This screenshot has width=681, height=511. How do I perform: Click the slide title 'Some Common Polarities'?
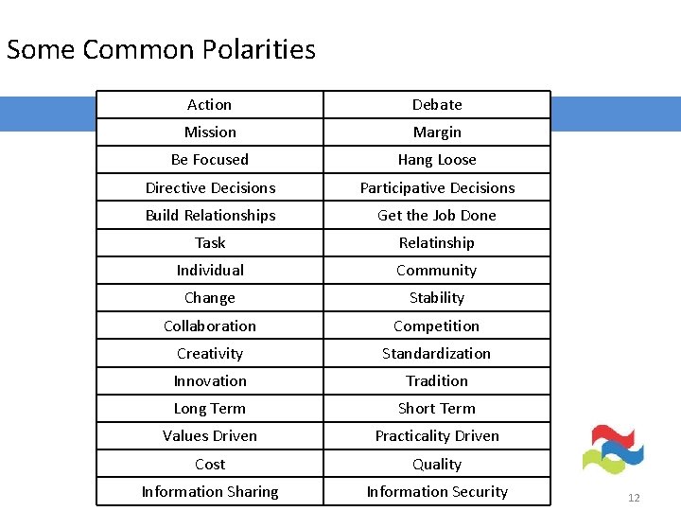tap(161, 49)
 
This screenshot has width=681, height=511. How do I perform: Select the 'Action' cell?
tap(209, 105)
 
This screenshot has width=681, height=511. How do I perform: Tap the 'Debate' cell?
tap(437, 105)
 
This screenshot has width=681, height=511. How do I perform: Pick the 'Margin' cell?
tap(437, 132)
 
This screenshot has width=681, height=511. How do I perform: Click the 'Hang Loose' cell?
tap(437, 160)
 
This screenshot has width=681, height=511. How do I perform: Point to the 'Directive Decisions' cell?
tap(210, 187)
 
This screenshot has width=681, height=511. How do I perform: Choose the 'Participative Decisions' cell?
tap(437, 187)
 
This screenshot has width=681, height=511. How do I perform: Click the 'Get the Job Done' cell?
tap(437, 215)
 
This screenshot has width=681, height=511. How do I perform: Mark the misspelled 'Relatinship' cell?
tap(437, 243)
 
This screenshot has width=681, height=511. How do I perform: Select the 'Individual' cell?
tap(210, 271)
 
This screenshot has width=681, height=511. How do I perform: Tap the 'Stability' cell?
tap(437, 298)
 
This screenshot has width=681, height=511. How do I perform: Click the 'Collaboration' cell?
tap(210, 326)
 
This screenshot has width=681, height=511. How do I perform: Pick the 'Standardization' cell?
tap(437, 353)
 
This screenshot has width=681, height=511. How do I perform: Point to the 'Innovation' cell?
tap(210, 381)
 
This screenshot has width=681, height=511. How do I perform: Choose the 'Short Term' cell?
tap(437, 409)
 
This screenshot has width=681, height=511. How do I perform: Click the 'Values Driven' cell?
tap(210, 436)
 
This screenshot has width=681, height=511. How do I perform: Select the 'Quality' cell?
tap(437, 464)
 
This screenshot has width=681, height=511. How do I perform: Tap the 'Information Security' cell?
tap(437, 492)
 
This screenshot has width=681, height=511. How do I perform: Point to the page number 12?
tap(634, 498)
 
